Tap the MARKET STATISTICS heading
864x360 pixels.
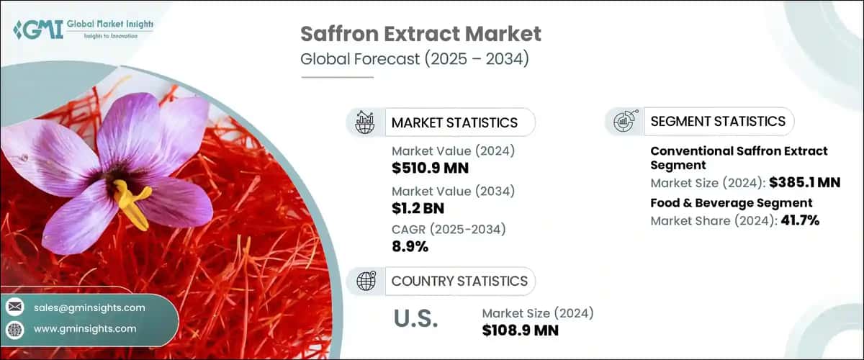454,122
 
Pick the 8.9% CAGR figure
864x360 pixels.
410,247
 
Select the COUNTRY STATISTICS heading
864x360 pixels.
459,281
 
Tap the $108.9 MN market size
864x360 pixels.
521,330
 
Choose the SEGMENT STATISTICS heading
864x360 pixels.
718,121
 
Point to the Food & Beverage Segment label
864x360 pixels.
732,203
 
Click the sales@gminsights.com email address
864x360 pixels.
89,307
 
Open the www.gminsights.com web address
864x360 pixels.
85,328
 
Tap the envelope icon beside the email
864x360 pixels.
14,307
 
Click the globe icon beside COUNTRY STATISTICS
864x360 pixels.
366,281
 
